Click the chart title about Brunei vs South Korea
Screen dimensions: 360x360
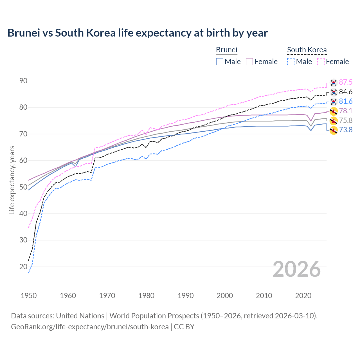pyautogui.click(x=138, y=33)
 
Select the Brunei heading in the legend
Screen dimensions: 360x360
pyautogui.click(x=226, y=50)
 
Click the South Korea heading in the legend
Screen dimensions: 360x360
pyautogui.click(x=307, y=50)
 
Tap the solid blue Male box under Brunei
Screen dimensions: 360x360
pyautogui.click(x=220, y=62)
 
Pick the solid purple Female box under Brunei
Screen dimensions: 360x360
pyautogui.click(x=250, y=62)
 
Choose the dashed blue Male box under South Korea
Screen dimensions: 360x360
pyautogui.click(x=291, y=62)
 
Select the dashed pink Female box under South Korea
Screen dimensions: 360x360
pyautogui.click(x=321, y=62)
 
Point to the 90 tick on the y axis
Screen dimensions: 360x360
pyautogui.click(x=23, y=81)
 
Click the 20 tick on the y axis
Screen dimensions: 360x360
pyautogui.click(x=23, y=267)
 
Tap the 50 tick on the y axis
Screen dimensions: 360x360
pyautogui.click(x=23, y=187)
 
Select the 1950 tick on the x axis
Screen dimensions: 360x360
pyautogui.click(x=29, y=296)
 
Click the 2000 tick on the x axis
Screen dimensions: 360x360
pyautogui.click(x=225, y=296)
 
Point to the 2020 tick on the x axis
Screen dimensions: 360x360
pyautogui.click(x=303, y=296)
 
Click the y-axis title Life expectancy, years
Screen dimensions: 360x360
pyautogui.click(x=12, y=180)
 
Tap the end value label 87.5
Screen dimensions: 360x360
pyautogui.click(x=346, y=82)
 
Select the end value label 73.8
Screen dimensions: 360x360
pyautogui.click(x=346, y=130)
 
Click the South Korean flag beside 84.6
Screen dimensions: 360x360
pyautogui.click(x=334, y=92)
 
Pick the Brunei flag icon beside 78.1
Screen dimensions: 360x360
pyautogui.click(x=334, y=111)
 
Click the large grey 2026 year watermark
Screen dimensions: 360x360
pyautogui.click(x=297, y=269)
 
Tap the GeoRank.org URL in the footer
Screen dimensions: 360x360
pyautogui.click(x=90, y=327)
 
